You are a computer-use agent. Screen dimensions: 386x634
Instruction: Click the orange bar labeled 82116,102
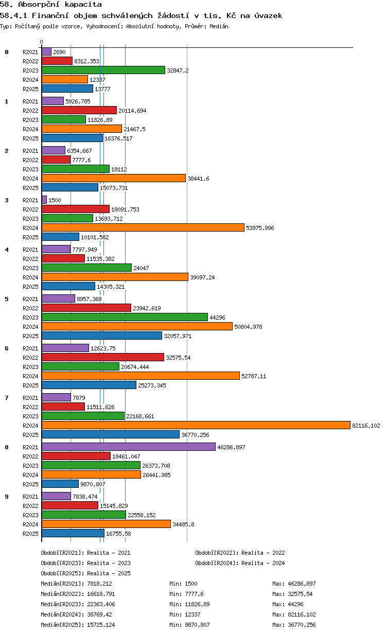[x=196, y=425]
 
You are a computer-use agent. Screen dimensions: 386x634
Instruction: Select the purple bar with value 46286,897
[x=129, y=447]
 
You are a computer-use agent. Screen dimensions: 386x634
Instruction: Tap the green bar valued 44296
[x=125, y=318]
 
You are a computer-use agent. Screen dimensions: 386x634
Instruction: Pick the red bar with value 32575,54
[x=103, y=357]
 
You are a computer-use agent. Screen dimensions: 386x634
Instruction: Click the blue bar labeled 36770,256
[x=110, y=434]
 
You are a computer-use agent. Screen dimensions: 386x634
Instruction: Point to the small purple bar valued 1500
[x=44, y=200]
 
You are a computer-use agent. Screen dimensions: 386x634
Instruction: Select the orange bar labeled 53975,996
[x=143, y=227]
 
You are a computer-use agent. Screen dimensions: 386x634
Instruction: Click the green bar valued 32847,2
[x=103, y=70]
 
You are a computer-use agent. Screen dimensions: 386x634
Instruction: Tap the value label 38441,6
[x=198, y=179]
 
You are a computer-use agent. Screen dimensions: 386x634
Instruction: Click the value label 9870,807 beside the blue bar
[x=93, y=484]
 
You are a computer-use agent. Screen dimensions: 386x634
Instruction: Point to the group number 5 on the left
[x=7, y=299]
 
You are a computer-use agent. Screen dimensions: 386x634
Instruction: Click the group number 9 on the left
[x=7, y=497]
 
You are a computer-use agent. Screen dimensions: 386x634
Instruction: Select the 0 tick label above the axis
[x=42, y=42]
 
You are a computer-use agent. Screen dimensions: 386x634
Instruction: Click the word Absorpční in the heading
[x=39, y=5]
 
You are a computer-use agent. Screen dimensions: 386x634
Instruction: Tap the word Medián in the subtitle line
[x=219, y=26]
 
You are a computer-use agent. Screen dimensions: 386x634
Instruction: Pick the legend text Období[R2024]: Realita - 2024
[x=240, y=563]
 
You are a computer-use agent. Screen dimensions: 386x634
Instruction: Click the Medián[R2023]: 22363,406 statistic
[x=78, y=604]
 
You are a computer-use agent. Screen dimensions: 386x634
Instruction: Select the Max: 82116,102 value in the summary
[x=294, y=614]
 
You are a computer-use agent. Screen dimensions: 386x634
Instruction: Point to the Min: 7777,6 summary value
[x=186, y=594]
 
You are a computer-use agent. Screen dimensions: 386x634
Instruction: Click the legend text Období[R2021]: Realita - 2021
[x=86, y=553]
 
